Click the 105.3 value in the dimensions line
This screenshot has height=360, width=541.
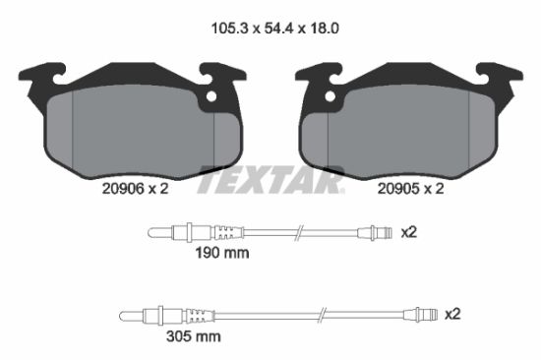pos(229,28)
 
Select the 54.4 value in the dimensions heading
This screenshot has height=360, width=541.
pos(278,28)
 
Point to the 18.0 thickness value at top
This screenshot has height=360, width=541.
pos(325,28)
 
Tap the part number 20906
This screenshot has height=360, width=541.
pos(123,189)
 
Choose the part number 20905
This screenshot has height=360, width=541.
pos(397,189)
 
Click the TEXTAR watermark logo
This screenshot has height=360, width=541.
pos(270,179)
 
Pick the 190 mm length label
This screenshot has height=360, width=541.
pos(222,253)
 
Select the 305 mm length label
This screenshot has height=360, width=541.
pos(193,336)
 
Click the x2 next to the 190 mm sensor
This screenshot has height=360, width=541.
pos(409,233)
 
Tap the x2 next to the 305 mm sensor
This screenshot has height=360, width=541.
pos(452,315)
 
